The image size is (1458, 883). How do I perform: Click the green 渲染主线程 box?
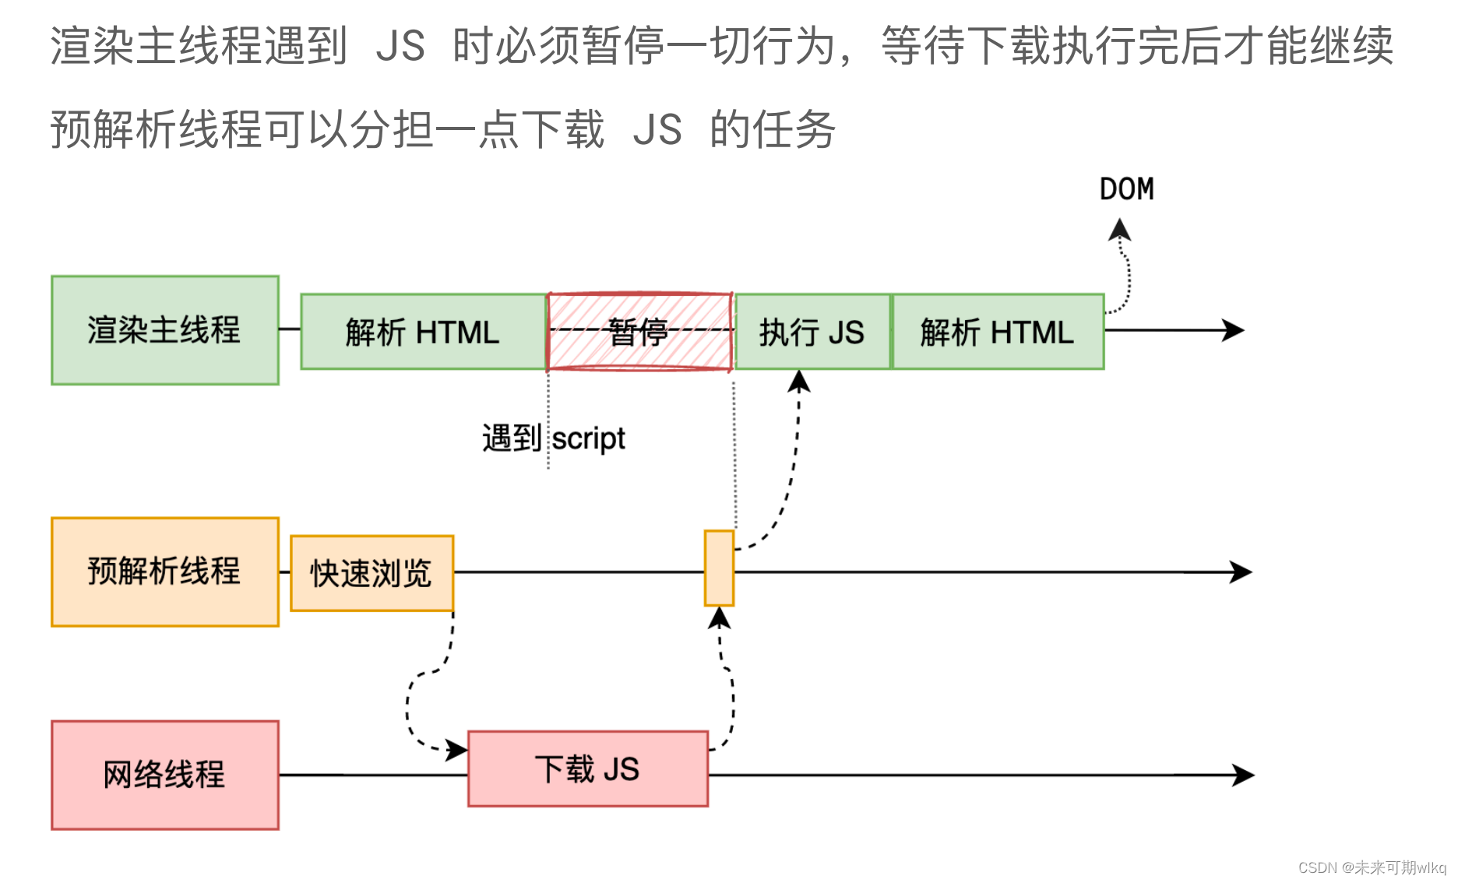[164, 330]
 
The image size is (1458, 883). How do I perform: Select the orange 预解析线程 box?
[164, 572]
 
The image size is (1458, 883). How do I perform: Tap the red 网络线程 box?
[164, 775]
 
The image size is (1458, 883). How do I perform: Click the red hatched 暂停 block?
[639, 332]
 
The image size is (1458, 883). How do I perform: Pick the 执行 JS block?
[812, 332]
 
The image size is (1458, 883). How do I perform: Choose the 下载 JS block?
[587, 769]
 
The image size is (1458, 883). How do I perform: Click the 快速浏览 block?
[372, 573]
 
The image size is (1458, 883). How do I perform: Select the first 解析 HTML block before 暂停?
[423, 332]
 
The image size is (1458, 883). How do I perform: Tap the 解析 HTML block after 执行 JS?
[997, 332]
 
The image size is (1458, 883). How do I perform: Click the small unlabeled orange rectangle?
[719, 568]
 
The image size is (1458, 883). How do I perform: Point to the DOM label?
[1126, 189]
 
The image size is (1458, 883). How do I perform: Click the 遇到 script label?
[553, 438]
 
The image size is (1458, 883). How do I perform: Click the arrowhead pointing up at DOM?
[1120, 229]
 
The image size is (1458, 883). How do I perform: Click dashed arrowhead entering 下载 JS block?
[457, 751]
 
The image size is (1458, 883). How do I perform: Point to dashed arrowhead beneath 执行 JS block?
[799, 381]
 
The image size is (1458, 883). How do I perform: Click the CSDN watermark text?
[1372, 867]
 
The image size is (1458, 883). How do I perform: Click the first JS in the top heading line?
[400, 45]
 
